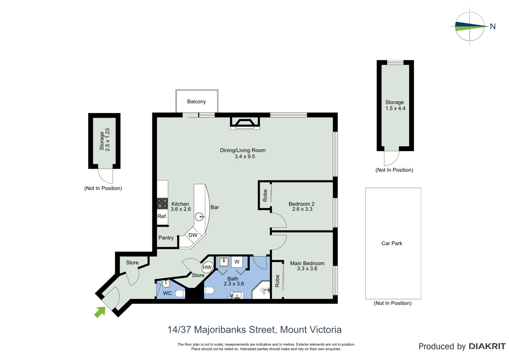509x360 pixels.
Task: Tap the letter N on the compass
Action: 493,27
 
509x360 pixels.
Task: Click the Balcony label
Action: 196,102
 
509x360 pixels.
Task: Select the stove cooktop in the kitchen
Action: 163,203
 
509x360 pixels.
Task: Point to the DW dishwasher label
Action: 193,235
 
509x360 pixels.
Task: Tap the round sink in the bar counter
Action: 199,217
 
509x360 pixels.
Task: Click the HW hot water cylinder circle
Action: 207,267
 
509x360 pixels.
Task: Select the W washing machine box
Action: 237,262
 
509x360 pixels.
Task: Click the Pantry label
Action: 166,238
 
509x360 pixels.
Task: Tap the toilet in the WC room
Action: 180,293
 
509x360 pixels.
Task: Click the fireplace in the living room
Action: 245,123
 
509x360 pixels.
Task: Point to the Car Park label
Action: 392,243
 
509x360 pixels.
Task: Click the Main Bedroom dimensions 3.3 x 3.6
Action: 307,269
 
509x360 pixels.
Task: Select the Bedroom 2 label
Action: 301,204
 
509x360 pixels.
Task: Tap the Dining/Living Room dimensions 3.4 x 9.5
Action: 245,157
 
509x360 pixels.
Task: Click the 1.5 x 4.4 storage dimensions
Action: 395,108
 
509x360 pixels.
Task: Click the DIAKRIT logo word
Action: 487,346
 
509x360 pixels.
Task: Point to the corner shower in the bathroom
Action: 261,290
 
